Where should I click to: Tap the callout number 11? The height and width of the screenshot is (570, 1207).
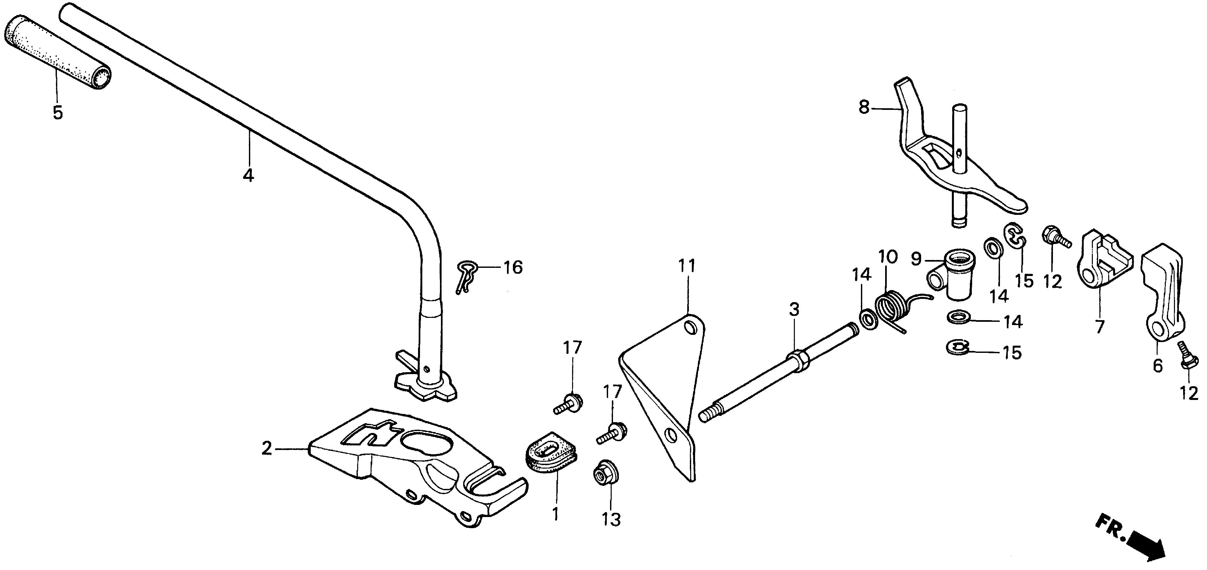click(x=687, y=267)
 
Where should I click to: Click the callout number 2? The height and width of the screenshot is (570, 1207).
click(x=267, y=449)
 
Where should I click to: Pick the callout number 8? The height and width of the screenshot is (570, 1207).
click(x=864, y=108)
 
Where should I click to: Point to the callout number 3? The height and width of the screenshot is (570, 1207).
click(x=794, y=310)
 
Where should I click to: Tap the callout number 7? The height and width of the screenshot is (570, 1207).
click(x=1099, y=326)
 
